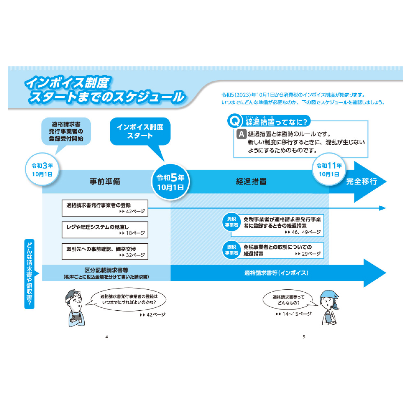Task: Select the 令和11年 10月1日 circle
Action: (329, 169)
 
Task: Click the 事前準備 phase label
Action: (105, 181)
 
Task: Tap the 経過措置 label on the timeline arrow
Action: (251, 181)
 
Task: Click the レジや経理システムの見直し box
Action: (105, 229)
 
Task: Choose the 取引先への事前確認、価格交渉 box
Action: (105, 251)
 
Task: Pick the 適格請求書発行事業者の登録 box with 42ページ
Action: (105, 208)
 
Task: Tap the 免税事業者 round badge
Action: (231, 222)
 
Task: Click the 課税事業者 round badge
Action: (231, 250)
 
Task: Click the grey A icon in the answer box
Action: (242, 134)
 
